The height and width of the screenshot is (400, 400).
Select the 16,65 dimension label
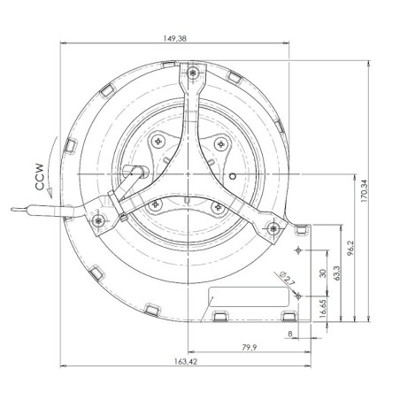coord(324,308)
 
